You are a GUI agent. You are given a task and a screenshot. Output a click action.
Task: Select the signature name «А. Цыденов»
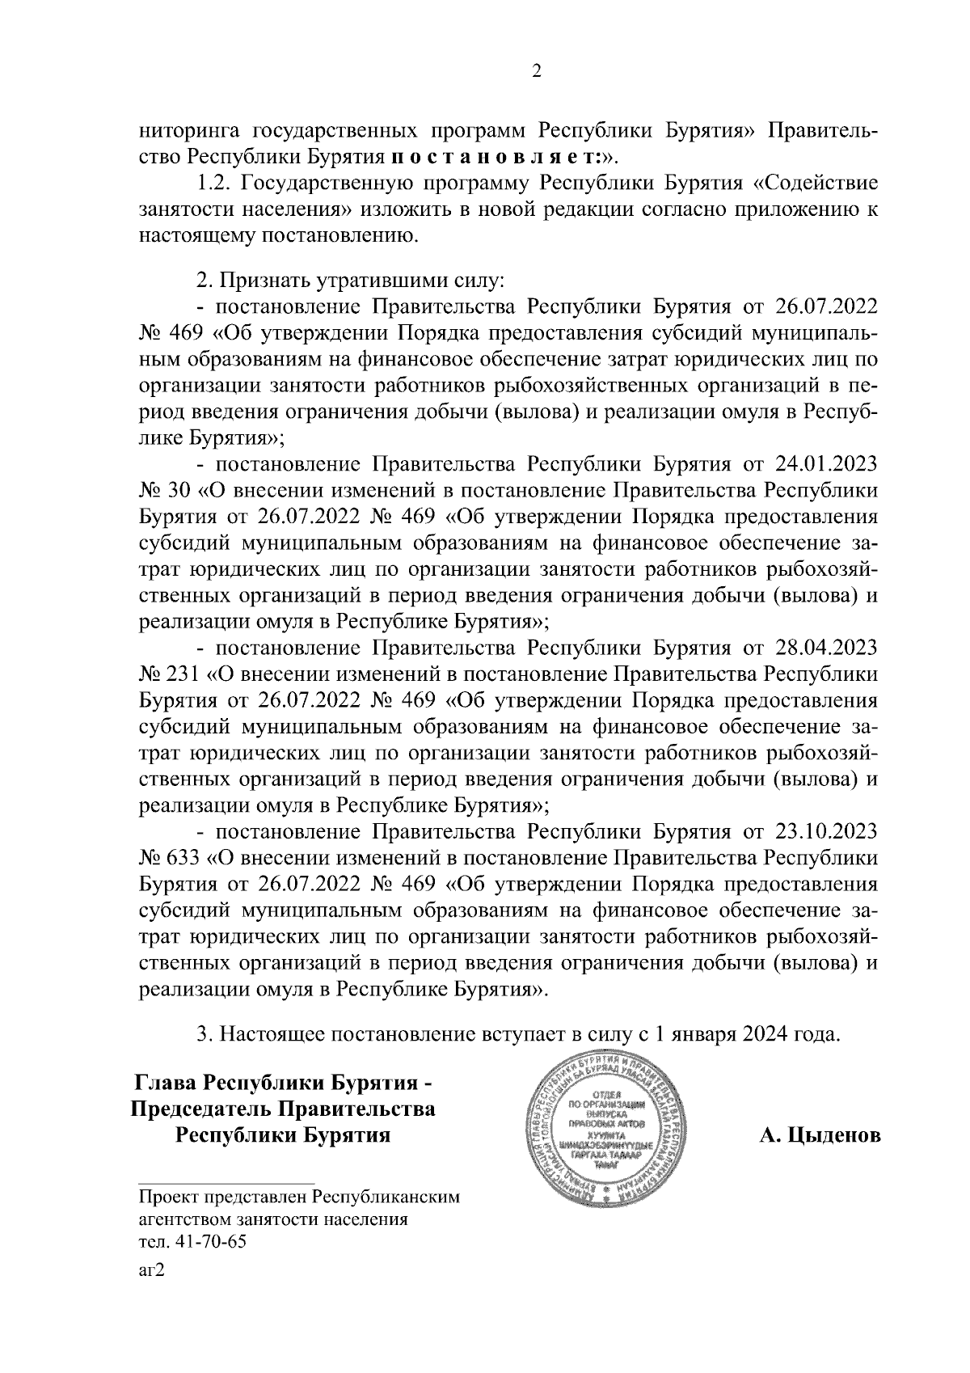819,1136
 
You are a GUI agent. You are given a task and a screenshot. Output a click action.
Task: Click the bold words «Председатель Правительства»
283,1109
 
